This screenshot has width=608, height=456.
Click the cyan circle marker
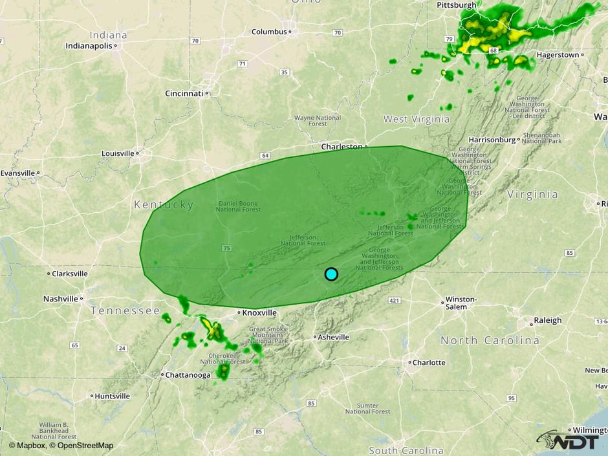click(x=331, y=274)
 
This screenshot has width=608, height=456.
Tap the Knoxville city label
click(x=260, y=312)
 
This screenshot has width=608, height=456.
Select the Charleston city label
click(x=342, y=147)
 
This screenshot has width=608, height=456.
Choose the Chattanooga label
click(x=188, y=375)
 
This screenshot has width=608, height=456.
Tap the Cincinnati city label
click(x=184, y=93)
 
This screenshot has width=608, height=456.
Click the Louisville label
click(x=118, y=153)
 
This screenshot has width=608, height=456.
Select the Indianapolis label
click(x=89, y=46)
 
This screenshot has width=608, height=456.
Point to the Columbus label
click(x=269, y=32)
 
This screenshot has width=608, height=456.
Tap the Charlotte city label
click(x=428, y=362)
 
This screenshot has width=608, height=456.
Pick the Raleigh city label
click(x=547, y=320)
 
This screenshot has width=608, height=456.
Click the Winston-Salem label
click(x=461, y=303)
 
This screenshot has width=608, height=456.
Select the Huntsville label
click(x=112, y=396)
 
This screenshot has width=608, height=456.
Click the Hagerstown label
click(x=557, y=55)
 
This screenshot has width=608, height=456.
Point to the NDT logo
click(x=570, y=440)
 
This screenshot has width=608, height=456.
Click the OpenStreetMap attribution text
click(x=85, y=445)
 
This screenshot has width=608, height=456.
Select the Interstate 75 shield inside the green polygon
click(x=226, y=248)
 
